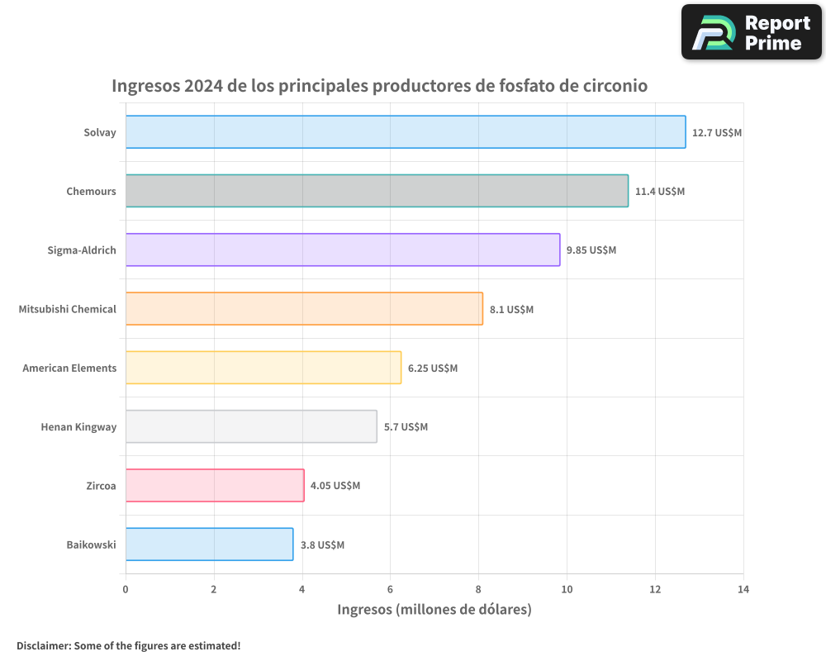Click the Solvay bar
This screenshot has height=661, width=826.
click(406, 132)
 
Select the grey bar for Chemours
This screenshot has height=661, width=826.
click(377, 191)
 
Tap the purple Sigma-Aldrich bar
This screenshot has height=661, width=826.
click(343, 250)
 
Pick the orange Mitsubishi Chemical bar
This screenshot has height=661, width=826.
click(304, 309)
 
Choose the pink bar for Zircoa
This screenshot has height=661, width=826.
click(215, 485)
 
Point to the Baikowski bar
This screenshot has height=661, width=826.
click(209, 544)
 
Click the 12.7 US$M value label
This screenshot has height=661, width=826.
click(717, 132)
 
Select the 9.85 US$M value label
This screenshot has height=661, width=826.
click(591, 250)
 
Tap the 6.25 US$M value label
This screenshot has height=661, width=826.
click(433, 368)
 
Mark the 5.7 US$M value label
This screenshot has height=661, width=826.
click(406, 426)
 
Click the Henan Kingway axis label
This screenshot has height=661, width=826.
click(78, 426)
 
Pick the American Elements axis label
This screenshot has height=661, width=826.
click(69, 368)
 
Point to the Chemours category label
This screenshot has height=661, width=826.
click(91, 191)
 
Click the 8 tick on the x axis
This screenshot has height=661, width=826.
click(478, 589)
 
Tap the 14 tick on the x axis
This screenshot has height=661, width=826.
click(743, 589)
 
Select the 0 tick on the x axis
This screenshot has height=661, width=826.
click(126, 589)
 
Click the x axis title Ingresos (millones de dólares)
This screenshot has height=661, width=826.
click(434, 609)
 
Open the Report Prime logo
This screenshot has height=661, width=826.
click(752, 32)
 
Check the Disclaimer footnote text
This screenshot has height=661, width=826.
click(129, 645)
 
